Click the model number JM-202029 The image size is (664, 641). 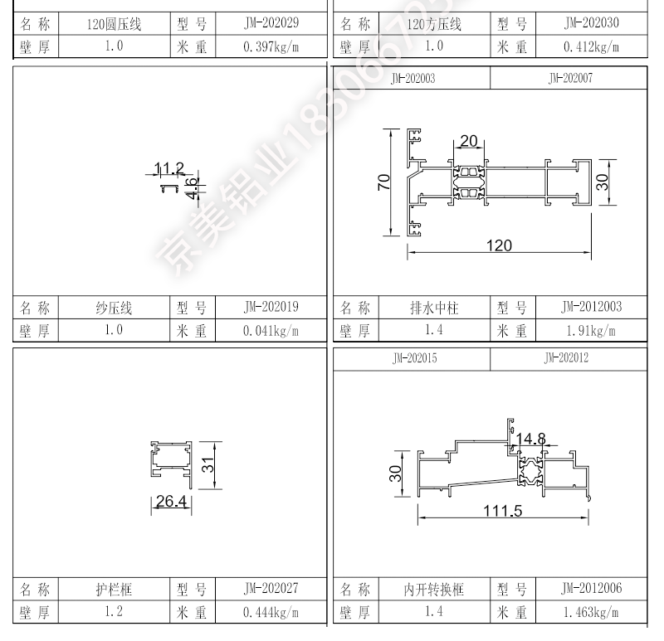tap(271, 23)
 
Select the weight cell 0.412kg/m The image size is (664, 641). tap(591, 46)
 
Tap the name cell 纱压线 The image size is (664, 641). tap(114, 308)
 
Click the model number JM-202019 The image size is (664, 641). tap(271, 307)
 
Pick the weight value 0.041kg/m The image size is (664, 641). tap(271, 330)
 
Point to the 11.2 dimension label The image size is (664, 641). tap(169, 168)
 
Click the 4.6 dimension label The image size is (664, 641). tap(193, 188)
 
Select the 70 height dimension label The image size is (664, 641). tap(383, 182)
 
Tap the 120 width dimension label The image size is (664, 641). tap(499, 245)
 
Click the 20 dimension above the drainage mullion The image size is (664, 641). tap(469, 140)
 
